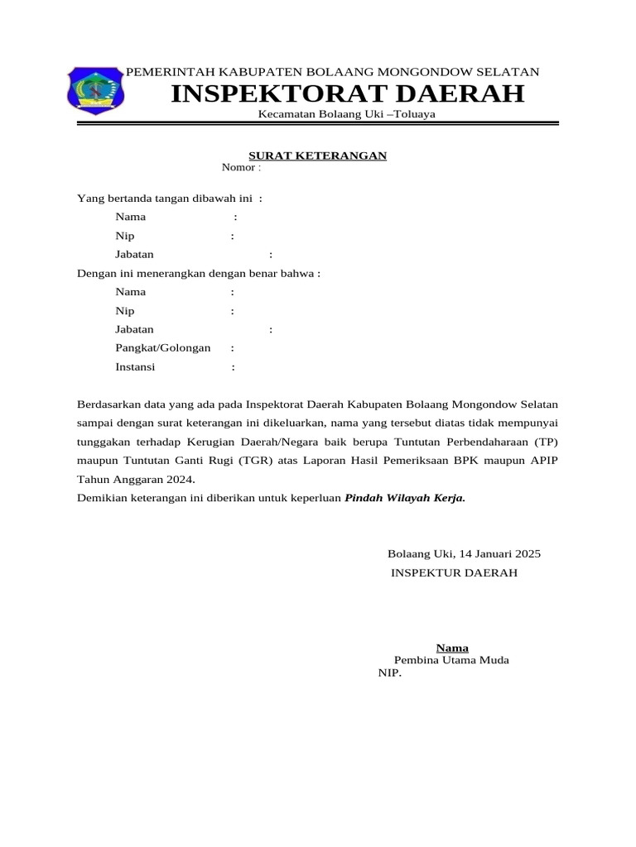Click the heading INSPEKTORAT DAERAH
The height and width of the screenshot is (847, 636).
point(347,94)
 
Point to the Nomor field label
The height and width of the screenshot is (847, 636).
point(238,168)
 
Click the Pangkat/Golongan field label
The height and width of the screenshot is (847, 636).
point(162,348)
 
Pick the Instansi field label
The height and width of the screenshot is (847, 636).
point(135,367)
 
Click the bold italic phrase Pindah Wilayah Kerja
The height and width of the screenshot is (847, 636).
point(405,498)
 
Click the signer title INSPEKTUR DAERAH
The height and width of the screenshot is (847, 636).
point(454,572)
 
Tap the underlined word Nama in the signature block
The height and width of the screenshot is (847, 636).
point(452,648)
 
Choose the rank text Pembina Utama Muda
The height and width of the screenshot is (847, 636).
point(451,660)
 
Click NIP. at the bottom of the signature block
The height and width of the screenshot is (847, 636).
point(389,673)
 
